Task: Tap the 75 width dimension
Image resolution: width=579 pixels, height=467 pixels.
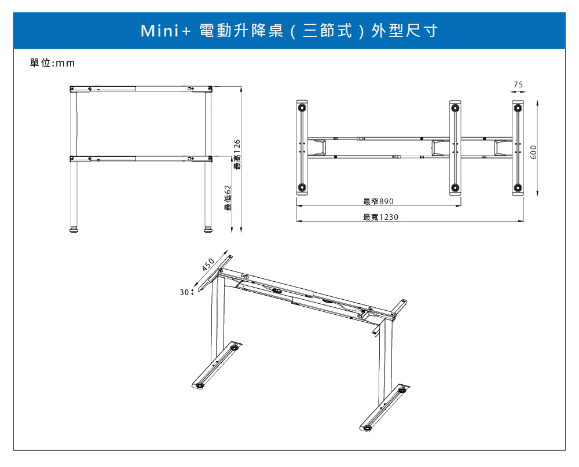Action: [518, 84]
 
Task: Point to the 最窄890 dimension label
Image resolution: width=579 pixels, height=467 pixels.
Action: [378, 201]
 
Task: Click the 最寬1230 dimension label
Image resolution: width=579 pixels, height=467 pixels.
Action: [380, 217]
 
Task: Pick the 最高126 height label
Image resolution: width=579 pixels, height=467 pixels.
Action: [237, 155]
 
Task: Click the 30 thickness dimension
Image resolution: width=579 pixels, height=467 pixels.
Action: [184, 293]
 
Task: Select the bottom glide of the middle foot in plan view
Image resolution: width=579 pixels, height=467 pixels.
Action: [455, 187]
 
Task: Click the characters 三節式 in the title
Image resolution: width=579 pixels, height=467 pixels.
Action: [327, 31]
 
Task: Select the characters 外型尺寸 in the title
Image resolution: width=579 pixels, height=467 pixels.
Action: [405, 31]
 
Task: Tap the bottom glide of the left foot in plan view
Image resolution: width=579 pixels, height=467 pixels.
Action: [301, 187]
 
